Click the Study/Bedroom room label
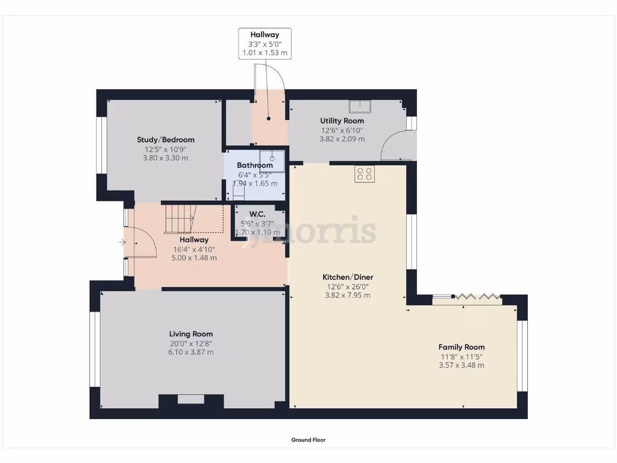(166, 140)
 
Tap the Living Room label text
(190, 334)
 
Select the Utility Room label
(342, 121)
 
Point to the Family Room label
(462, 347)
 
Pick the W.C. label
(257, 213)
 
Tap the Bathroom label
(255, 165)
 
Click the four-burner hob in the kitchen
(365, 174)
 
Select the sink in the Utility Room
(360, 106)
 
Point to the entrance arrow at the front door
(122, 243)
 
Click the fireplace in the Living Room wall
(191, 400)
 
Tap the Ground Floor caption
(308, 440)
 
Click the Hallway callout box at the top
(265, 43)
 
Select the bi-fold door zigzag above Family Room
(477, 296)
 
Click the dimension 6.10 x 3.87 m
(190, 352)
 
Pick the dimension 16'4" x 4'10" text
(193, 249)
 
